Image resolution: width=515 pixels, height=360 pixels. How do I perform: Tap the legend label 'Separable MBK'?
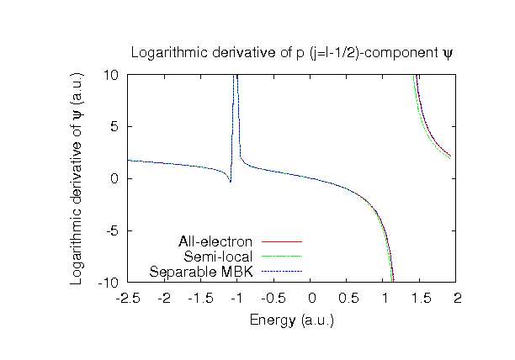[x=203, y=272]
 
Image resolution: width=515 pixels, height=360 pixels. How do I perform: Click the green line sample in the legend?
[x=281, y=257]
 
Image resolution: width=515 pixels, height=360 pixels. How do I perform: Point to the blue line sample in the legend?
[x=281, y=272]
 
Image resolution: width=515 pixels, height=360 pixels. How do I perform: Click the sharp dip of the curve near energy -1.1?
[x=230, y=181]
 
